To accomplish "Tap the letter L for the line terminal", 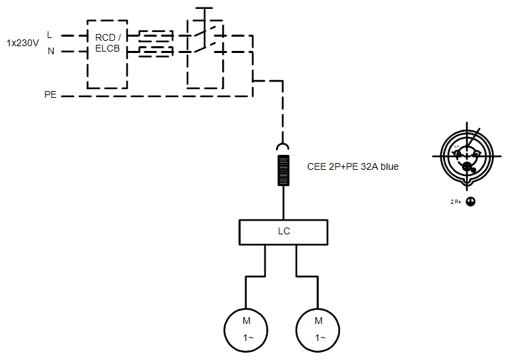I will coord(49,34).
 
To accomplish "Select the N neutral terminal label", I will coord(50,51).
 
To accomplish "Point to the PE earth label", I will coord(50,96).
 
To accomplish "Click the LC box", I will coord(284,232).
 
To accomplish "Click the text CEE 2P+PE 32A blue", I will coord(353,166).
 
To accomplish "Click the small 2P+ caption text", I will coord(455,202).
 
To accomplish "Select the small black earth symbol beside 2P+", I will coord(470,202).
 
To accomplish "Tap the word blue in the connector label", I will coord(389,166).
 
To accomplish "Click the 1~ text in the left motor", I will coord(246,338).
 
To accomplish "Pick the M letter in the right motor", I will coord(318,320).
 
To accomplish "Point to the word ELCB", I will coord(107,48).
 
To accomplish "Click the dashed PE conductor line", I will coord(156,96).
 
